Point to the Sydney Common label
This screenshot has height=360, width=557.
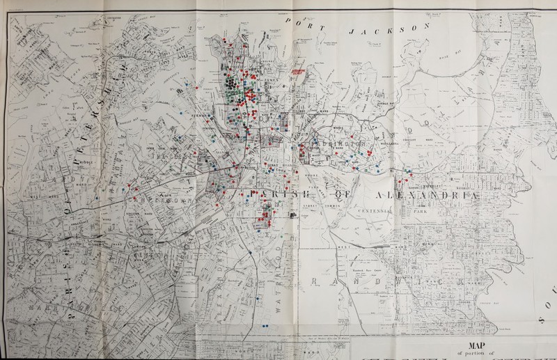pos(328,202)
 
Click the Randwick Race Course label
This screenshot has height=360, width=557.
pos(363,268)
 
